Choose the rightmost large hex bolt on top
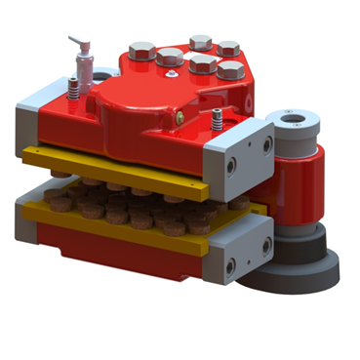pos(231,70)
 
